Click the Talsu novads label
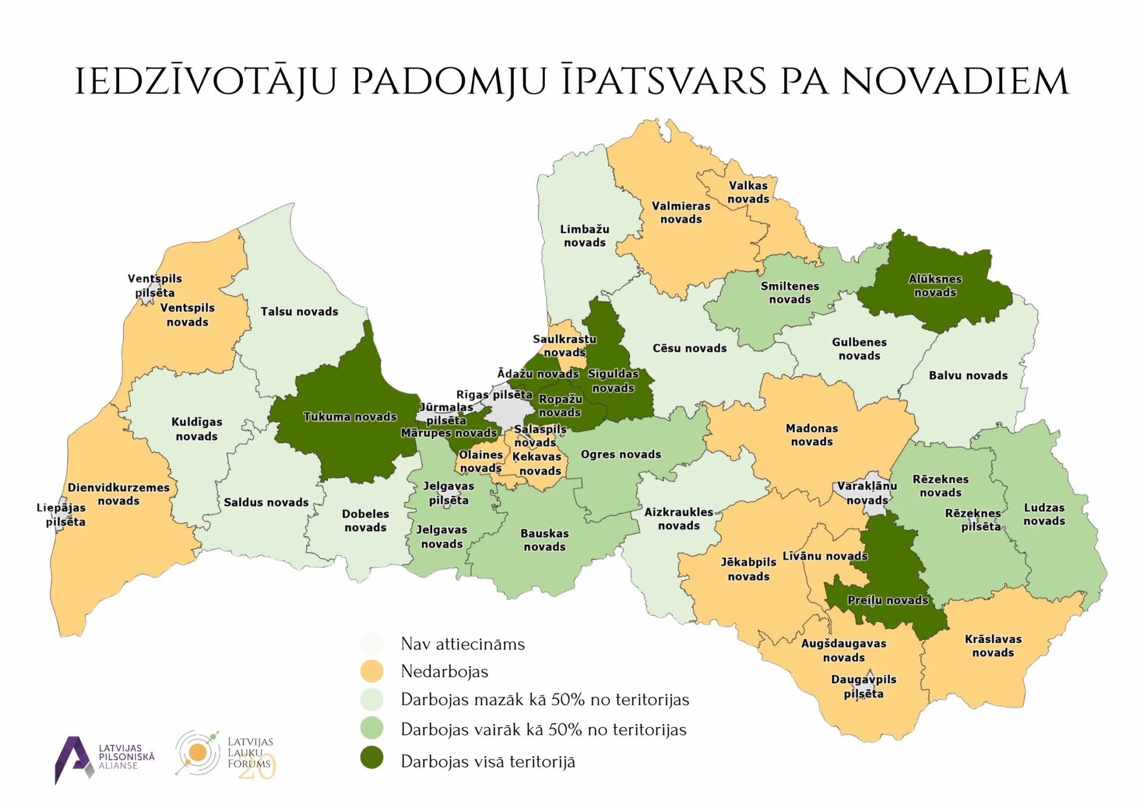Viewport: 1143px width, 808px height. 299,311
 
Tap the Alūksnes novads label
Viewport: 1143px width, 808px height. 935,286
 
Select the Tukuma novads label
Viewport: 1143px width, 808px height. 349,417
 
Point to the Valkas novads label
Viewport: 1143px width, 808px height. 748,192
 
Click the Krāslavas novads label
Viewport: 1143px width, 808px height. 993,645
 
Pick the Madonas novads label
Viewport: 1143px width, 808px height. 811,435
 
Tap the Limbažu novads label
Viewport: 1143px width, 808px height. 585,236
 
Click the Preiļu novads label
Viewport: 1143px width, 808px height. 888,600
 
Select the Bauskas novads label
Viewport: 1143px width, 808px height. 544,540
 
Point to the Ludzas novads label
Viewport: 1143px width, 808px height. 1044,514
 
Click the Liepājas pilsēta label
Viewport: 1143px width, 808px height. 61,514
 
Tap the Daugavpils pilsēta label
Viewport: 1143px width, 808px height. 863,687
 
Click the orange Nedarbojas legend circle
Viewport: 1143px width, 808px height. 372,671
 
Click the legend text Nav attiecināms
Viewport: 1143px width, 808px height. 463,644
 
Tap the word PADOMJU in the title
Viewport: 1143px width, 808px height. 449,81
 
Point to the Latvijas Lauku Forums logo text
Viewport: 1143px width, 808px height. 250,753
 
